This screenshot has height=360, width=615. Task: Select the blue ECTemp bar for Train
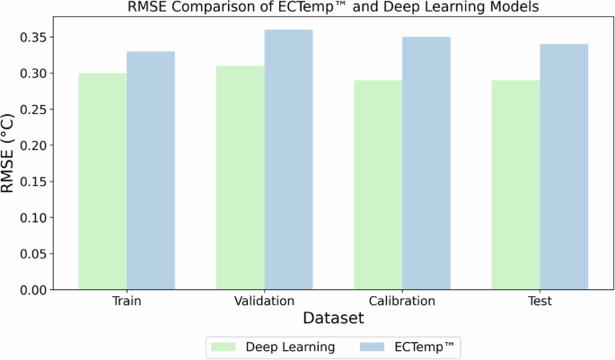(x=151, y=171)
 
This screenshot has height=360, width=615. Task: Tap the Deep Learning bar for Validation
(x=241, y=178)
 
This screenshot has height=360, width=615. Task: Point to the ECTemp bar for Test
(x=564, y=167)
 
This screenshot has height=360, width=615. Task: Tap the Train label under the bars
(x=127, y=302)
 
